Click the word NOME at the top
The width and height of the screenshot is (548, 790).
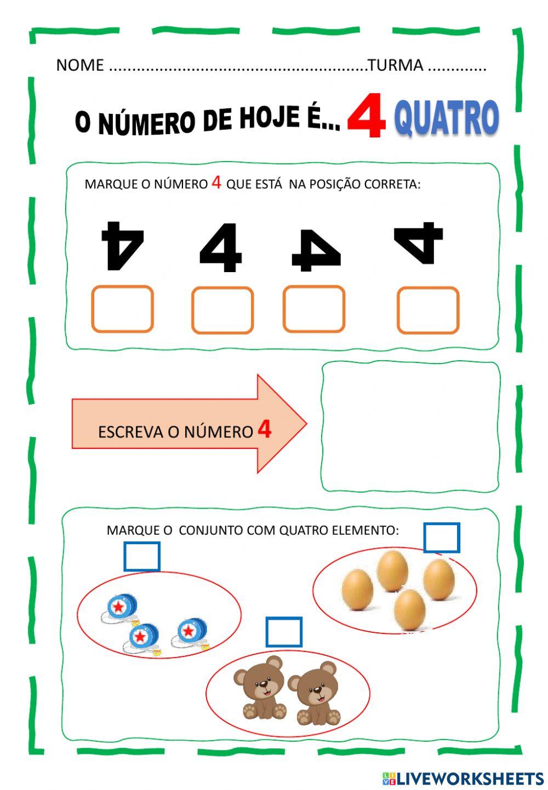79,65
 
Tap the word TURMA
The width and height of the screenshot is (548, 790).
396,65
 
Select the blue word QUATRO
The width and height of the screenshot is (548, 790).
446,118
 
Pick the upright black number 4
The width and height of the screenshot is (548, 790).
221,247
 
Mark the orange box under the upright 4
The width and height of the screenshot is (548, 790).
222,310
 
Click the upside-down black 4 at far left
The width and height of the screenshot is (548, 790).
122,246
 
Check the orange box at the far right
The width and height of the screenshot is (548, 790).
427,310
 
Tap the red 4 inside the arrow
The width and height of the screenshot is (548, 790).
264,430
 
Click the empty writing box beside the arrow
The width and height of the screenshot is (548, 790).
410,426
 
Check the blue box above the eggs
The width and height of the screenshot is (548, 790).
441,537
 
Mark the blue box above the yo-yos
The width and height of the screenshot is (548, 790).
142,556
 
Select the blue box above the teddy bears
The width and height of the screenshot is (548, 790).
284,632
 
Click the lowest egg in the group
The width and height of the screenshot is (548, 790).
409,610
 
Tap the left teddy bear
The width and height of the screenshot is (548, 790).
260,687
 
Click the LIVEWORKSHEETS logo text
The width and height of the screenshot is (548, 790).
469,778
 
